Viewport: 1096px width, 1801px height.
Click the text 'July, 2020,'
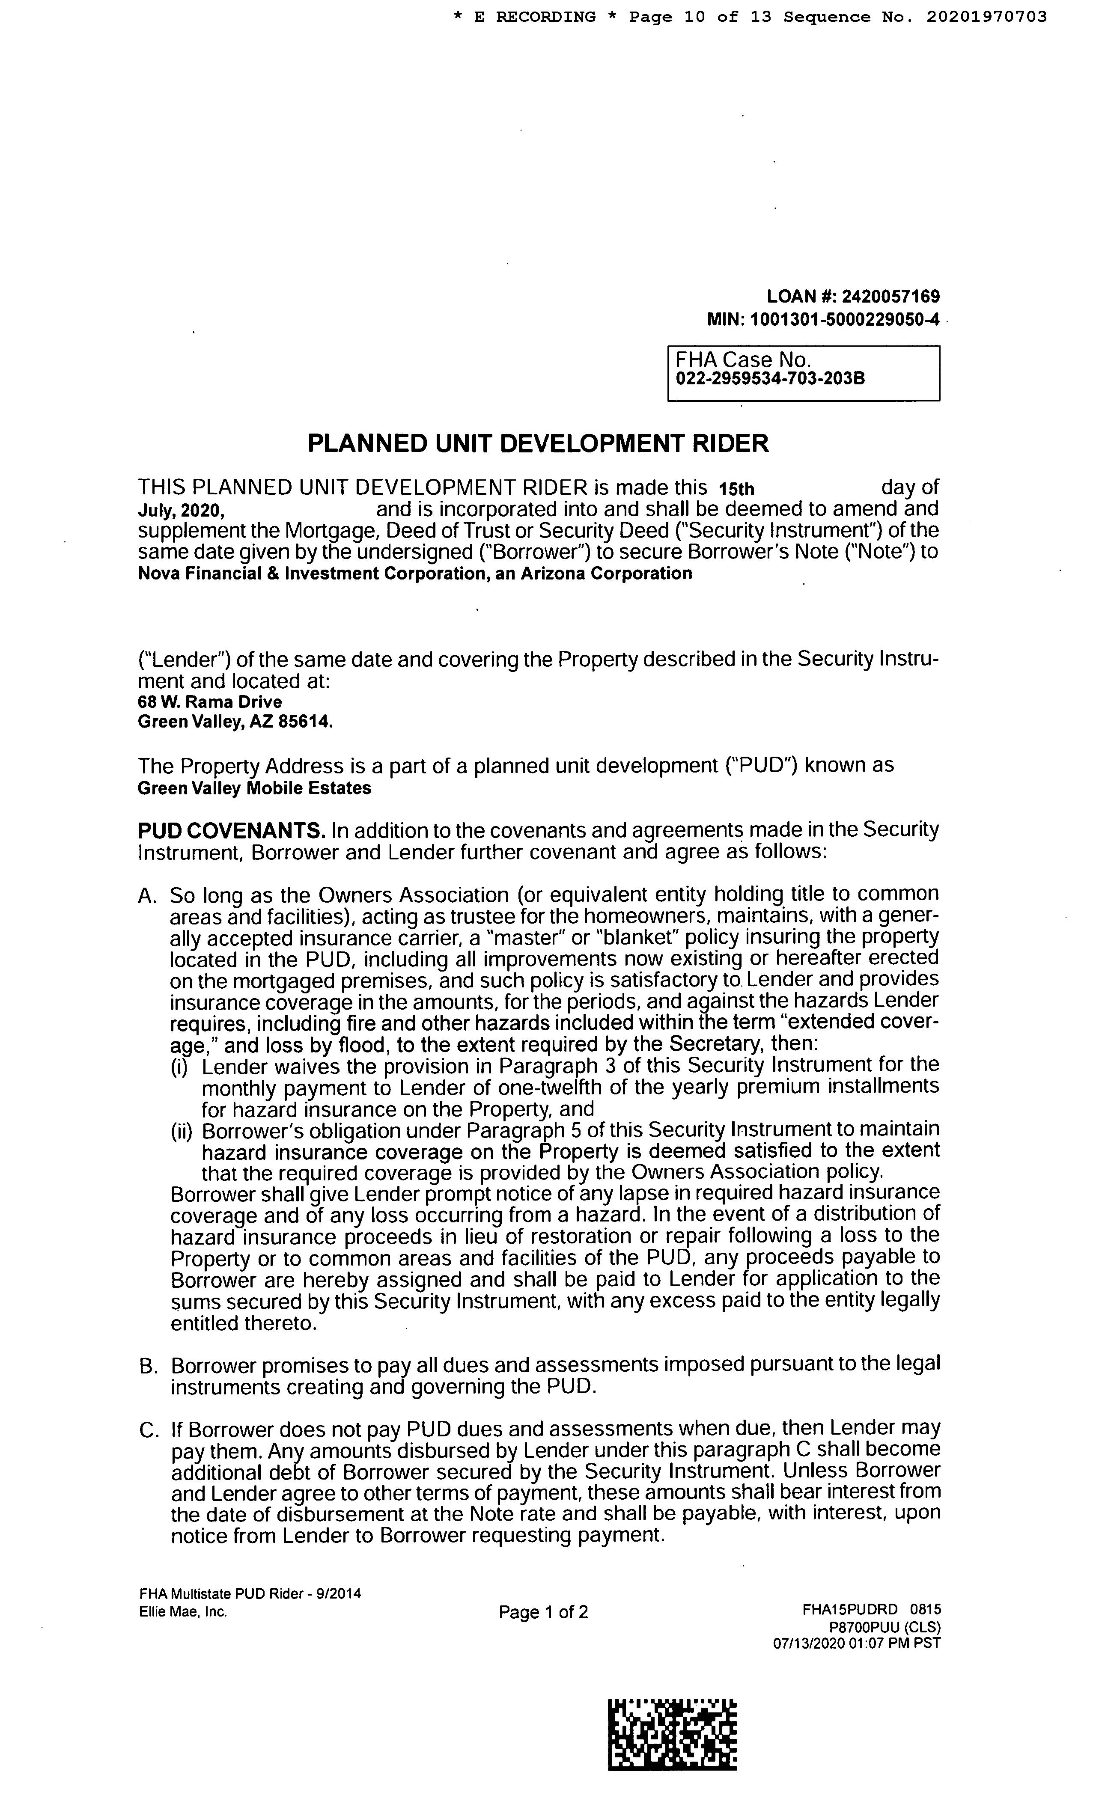coord(182,510)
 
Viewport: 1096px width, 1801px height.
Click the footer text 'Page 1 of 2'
coord(543,1612)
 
